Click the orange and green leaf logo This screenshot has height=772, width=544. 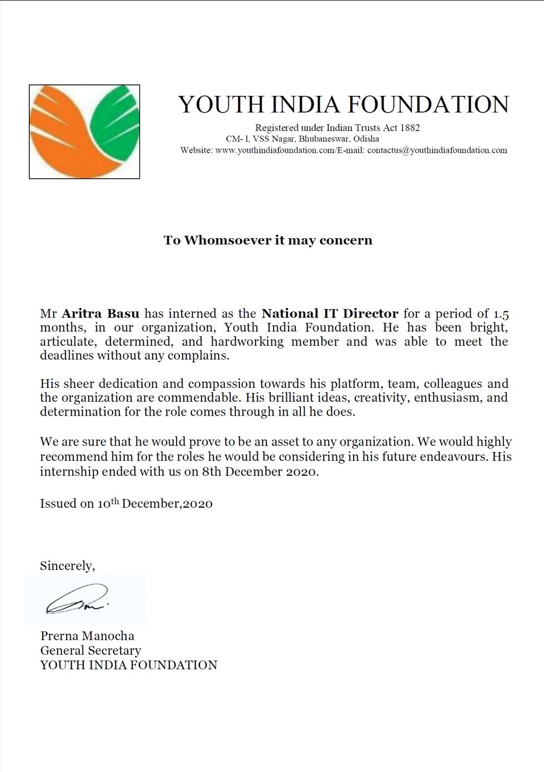coord(84,132)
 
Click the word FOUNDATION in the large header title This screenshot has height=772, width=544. coord(428,105)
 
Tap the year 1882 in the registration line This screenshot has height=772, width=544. coord(410,128)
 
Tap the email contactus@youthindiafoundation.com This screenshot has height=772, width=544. coord(437,150)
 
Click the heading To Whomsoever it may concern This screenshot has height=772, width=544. coord(268,240)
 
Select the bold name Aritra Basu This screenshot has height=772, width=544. coord(100,314)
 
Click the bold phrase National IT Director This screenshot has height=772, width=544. coord(330,314)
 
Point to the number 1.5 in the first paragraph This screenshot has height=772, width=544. coord(501,314)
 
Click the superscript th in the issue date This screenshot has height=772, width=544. coord(115,501)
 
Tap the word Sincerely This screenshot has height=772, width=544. coord(67,566)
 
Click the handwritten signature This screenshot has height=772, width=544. coord(77,601)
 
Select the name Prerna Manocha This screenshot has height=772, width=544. coord(87,636)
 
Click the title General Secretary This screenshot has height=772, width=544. coord(90,650)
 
